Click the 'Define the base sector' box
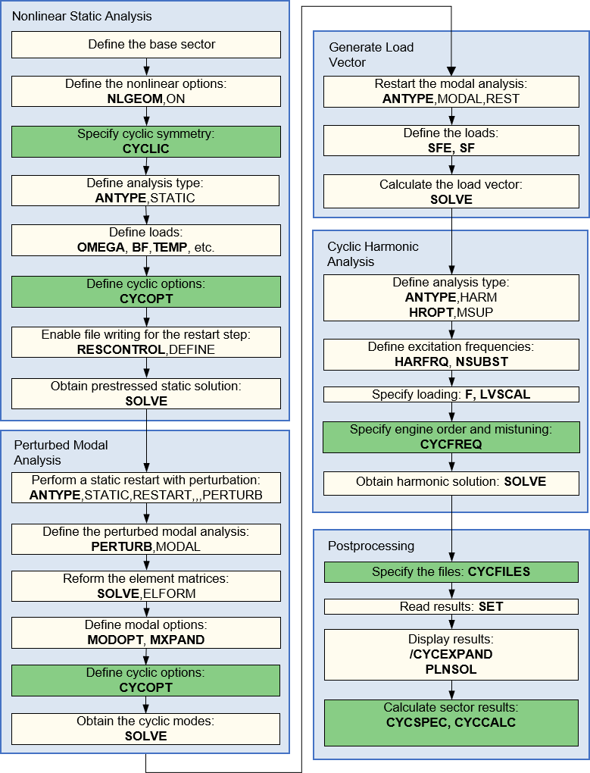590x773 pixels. tap(145, 45)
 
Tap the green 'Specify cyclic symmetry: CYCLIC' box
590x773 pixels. tap(145, 141)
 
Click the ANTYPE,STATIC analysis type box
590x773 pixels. tap(145, 191)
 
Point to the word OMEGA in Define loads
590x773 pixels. tap(101, 247)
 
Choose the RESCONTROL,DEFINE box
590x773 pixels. tap(145, 342)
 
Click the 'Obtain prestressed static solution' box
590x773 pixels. tap(145, 393)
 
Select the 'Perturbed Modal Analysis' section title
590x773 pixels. tap(61, 452)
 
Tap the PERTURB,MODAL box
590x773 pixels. tap(145, 539)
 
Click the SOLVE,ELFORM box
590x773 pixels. tap(145, 586)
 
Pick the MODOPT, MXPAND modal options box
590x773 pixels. tap(145, 632)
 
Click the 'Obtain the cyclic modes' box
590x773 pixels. tap(145, 728)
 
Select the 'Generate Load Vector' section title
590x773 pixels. tap(371, 55)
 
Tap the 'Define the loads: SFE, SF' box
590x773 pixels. tap(452, 141)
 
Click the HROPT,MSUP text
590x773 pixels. tap(452, 312)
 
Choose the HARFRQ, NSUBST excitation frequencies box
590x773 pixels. tap(452, 354)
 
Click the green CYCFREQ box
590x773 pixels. tap(452, 437)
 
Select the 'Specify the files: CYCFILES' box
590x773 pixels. tap(452, 572)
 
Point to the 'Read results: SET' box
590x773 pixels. tap(452, 607)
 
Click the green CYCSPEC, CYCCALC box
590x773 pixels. tap(452, 715)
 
